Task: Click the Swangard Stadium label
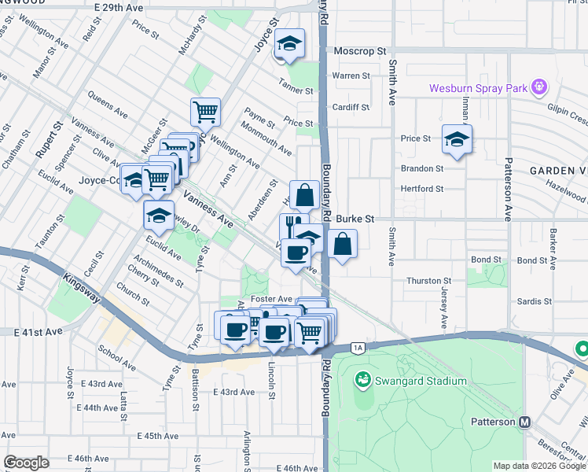coord(421,381)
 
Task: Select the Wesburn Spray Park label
coord(477,88)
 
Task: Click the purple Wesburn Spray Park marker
coord(539,86)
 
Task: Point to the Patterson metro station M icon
coord(524,422)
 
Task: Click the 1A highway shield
coord(358,347)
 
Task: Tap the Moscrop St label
coord(360,51)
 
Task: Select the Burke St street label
coord(358,219)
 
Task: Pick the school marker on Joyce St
coord(288,46)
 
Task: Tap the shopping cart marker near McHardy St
coord(205,112)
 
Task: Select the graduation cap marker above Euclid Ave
coord(159,216)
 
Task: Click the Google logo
coord(26,463)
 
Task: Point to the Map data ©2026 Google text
coord(539,466)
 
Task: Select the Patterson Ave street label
coord(509,205)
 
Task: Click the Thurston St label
coord(428,281)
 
